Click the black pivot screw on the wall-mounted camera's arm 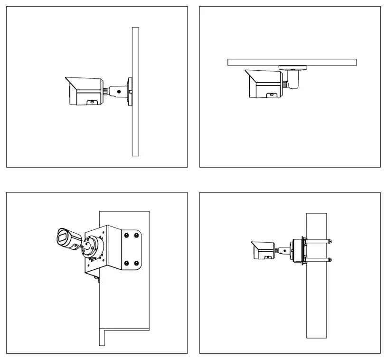(119, 90)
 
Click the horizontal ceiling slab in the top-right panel (292, 62)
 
